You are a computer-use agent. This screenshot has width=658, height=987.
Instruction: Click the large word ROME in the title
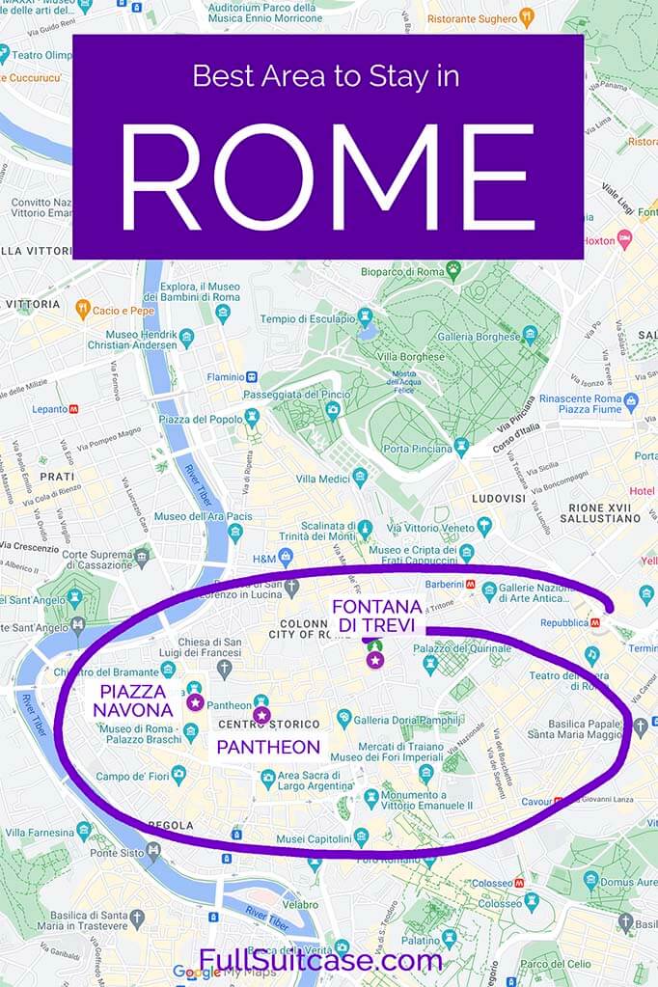tap(328, 177)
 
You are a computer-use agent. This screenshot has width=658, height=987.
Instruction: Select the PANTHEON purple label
tap(268, 747)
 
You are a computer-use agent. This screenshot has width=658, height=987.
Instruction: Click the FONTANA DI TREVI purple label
tap(377, 616)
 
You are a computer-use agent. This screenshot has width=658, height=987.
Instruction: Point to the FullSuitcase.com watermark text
tap(321, 961)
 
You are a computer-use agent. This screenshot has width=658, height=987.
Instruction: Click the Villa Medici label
tap(322, 478)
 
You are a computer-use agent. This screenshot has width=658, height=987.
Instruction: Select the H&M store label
tap(264, 557)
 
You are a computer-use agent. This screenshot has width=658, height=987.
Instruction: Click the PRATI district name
tap(57, 477)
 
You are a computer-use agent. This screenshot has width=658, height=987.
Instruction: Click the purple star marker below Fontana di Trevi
tap(374, 660)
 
